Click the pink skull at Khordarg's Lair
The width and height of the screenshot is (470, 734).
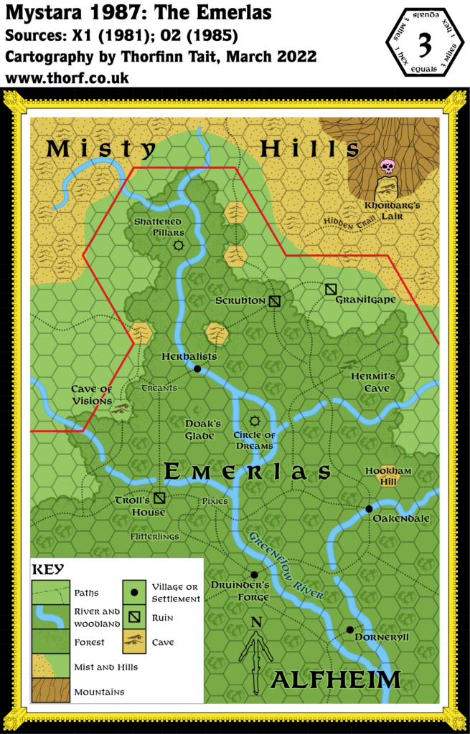[387, 167]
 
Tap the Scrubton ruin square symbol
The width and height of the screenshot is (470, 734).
[274, 301]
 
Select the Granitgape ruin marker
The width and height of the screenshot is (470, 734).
[330, 289]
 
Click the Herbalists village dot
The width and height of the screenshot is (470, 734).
[197, 369]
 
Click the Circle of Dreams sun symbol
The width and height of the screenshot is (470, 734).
[253, 421]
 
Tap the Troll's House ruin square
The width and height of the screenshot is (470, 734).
[159, 498]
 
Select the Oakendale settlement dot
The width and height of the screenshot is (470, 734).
[369, 508]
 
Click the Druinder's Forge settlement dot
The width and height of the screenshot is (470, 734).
[254, 575]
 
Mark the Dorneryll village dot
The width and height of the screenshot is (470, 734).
[349, 630]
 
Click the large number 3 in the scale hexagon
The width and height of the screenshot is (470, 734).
[424, 44]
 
